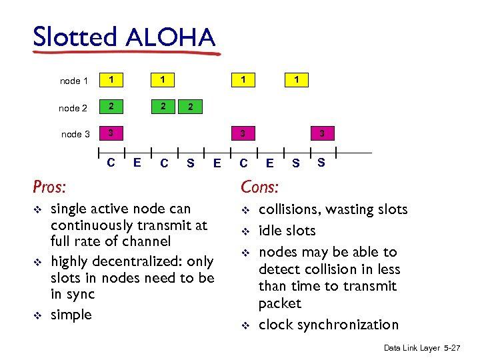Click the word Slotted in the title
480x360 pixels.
75,37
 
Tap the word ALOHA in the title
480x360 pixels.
169,37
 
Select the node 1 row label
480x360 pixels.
74,81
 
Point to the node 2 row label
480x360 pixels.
73,108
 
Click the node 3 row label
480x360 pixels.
75,135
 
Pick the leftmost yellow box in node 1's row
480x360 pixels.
111,80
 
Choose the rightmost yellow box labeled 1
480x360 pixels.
296,80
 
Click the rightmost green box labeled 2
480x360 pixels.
191,107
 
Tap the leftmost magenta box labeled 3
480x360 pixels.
111,133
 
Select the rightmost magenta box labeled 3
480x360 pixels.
322,134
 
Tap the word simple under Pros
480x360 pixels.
71,315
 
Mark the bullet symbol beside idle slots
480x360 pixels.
245,232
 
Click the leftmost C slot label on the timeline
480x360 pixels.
111,161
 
